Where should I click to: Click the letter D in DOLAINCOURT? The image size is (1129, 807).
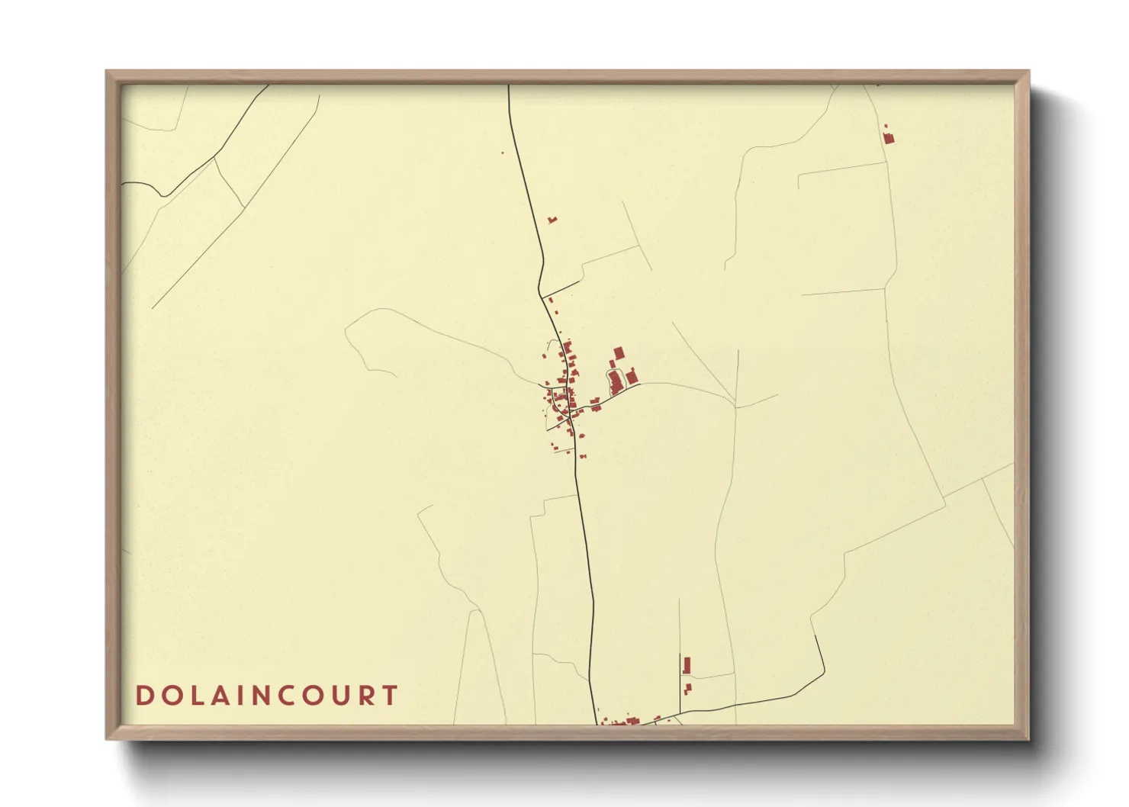(x=144, y=696)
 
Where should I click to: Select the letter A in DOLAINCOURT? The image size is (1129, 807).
(x=217, y=696)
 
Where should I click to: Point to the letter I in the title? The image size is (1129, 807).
(x=238, y=696)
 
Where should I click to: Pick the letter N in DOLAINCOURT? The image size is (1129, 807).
(x=262, y=696)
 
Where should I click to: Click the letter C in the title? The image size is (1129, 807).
(x=289, y=696)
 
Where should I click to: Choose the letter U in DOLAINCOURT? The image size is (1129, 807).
(x=342, y=696)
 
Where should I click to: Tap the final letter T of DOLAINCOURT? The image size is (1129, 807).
(x=391, y=696)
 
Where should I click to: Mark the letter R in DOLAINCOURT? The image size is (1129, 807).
(x=367, y=696)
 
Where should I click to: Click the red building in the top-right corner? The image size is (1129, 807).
(x=888, y=138)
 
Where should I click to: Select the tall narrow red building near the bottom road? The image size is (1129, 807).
(x=687, y=665)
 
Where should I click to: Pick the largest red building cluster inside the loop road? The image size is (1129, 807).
(x=616, y=382)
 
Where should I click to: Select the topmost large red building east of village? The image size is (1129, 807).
(x=619, y=352)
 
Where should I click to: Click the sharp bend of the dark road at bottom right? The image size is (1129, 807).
(x=824, y=672)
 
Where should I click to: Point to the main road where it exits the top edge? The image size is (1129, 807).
(x=509, y=86)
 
